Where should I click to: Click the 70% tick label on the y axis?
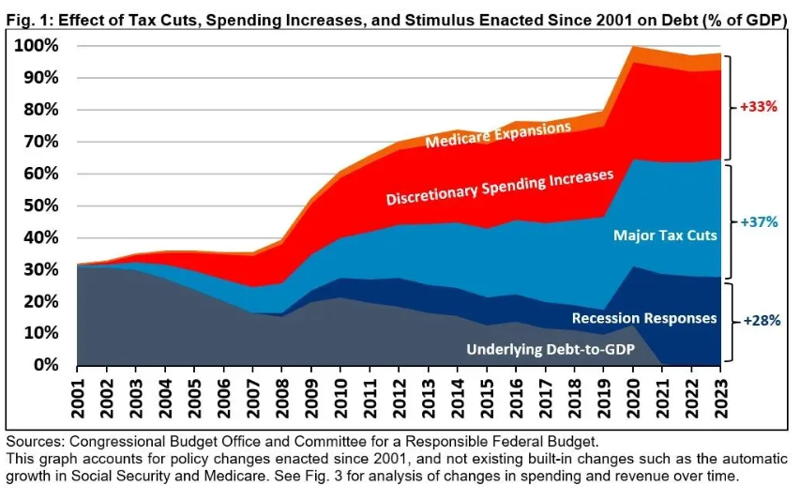pyautogui.click(x=41, y=142)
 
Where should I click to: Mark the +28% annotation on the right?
pyautogui.click(x=762, y=320)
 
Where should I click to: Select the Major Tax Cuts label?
pyautogui.click(x=665, y=235)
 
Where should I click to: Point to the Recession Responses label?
pyautogui.click(x=644, y=318)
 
